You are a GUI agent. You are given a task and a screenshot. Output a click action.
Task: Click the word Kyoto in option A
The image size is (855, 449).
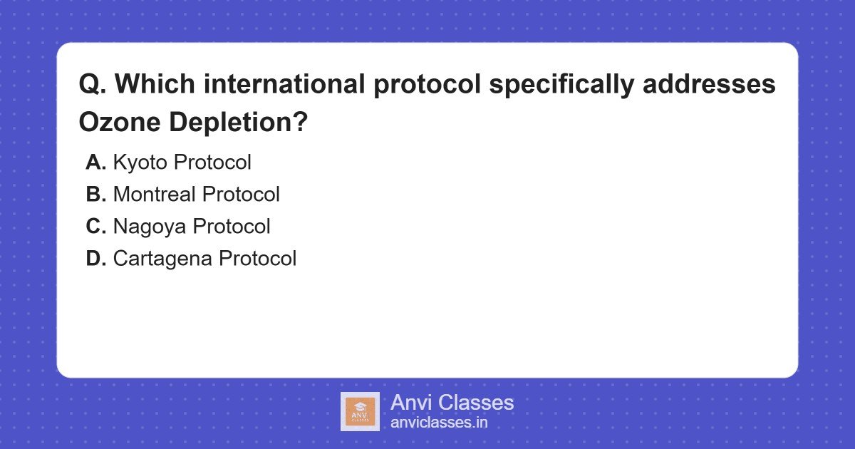click(x=140, y=163)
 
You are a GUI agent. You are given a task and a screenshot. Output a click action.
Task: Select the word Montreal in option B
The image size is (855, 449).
click(x=154, y=194)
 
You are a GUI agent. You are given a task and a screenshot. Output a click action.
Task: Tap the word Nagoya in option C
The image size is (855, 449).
click(x=149, y=227)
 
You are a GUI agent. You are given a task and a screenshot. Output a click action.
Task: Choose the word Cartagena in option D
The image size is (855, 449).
click(x=162, y=259)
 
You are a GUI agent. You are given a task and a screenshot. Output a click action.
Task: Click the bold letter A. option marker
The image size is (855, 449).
click(x=95, y=162)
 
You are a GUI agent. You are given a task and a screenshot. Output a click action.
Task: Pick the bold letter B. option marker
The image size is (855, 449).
click(x=95, y=194)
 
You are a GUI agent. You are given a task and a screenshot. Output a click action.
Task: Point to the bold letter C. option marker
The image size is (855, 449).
click(x=95, y=226)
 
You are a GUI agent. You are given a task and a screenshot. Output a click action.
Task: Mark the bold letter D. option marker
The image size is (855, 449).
click(x=95, y=258)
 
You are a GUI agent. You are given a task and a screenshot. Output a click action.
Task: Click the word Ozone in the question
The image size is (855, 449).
click(x=120, y=122)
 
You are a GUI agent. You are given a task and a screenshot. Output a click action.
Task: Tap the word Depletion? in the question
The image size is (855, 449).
click(x=238, y=123)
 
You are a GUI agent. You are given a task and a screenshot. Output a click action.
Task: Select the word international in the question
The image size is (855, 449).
click(x=284, y=83)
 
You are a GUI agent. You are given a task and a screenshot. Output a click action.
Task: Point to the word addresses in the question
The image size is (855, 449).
click(x=709, y=83)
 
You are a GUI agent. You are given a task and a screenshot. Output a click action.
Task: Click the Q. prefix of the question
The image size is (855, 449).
click(x=93, y=84)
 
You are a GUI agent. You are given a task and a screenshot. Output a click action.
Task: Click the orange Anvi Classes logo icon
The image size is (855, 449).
click(x=360, y=412)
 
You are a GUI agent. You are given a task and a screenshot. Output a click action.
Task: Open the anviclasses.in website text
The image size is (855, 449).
click(x=439, y=422)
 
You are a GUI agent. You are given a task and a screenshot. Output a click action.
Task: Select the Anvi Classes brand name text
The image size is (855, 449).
click(x=452, y=403)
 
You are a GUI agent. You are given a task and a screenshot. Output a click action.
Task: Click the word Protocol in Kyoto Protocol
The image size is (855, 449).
click(x=212, y=162)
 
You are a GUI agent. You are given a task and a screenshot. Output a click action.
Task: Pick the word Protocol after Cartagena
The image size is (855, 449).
click(x=258, y=258)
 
